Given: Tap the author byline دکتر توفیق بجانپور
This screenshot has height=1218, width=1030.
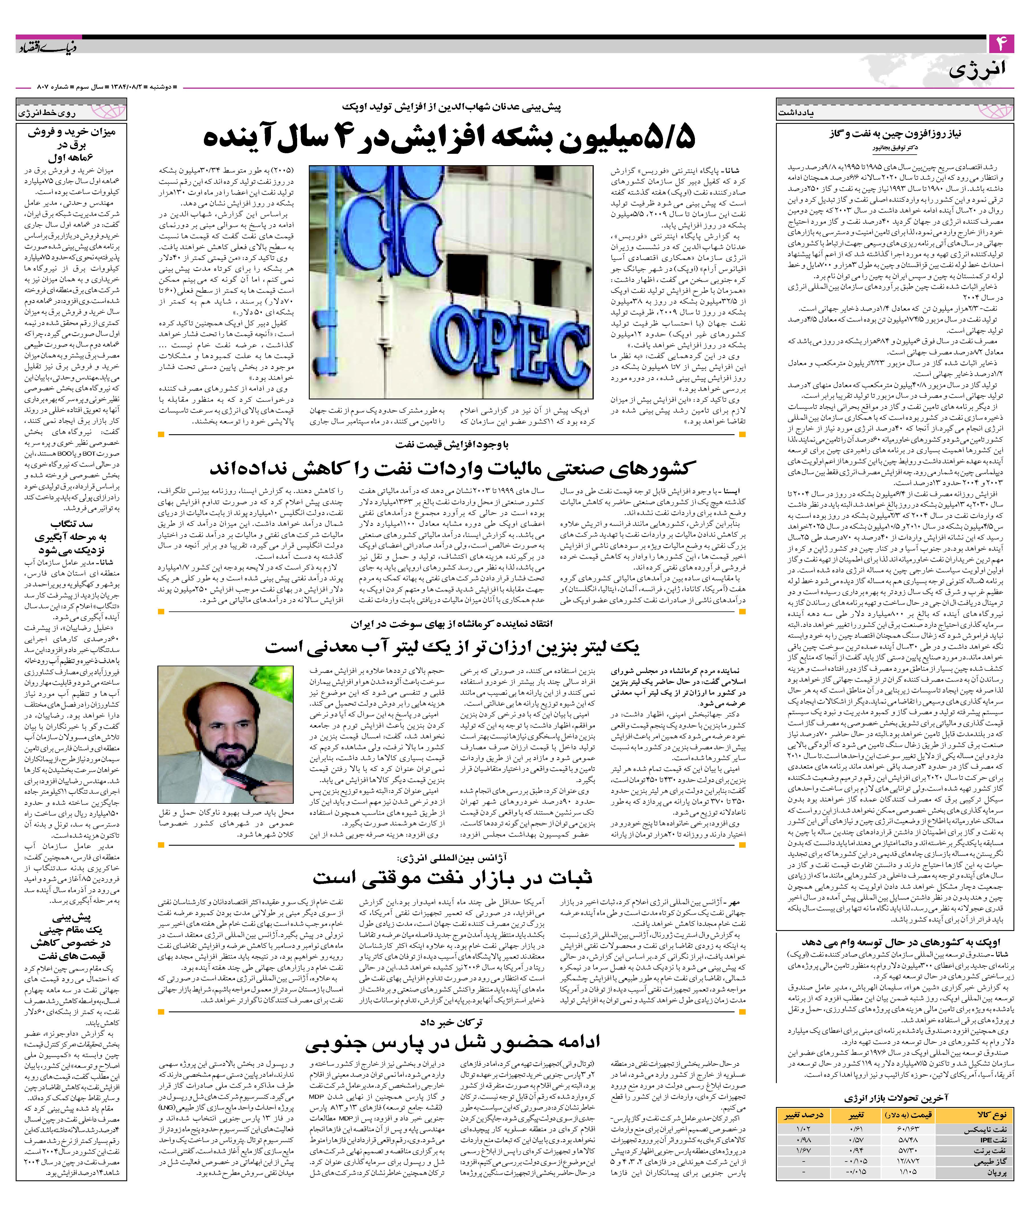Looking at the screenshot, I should click(896, 147).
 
